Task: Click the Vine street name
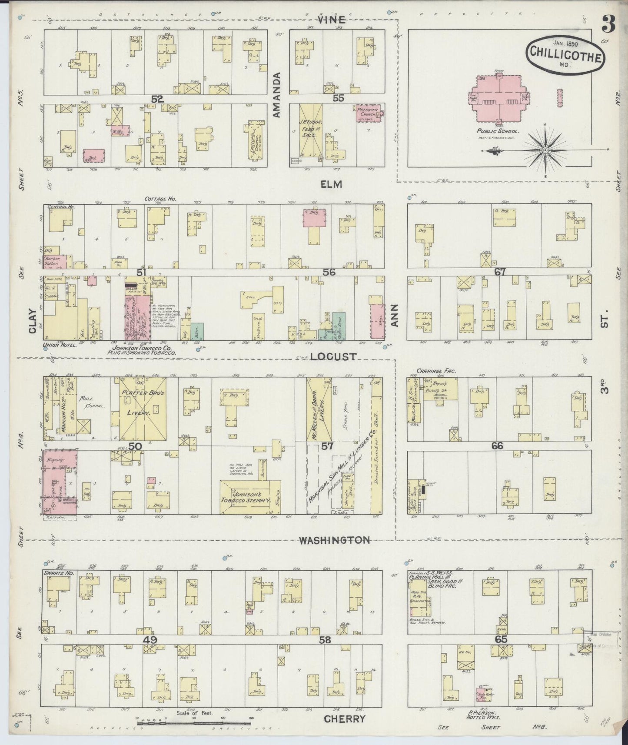coord(331,20)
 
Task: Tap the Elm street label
coord(332,184)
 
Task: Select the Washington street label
coord(334,540)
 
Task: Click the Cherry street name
coord(345,718)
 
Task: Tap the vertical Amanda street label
coord(277,95)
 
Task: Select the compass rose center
coord(545,150)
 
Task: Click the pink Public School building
coord(498,97)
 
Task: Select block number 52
coord(157,99)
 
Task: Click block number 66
coord(497,446)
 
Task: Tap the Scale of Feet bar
coord(188,723)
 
